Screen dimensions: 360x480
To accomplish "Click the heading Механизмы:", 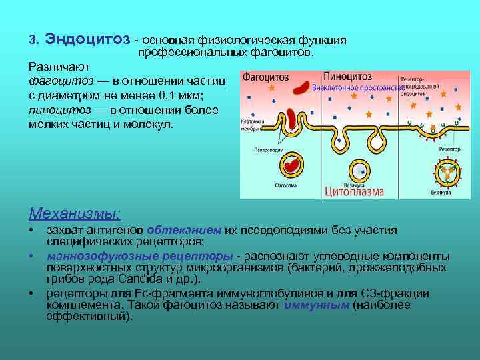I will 75,213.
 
